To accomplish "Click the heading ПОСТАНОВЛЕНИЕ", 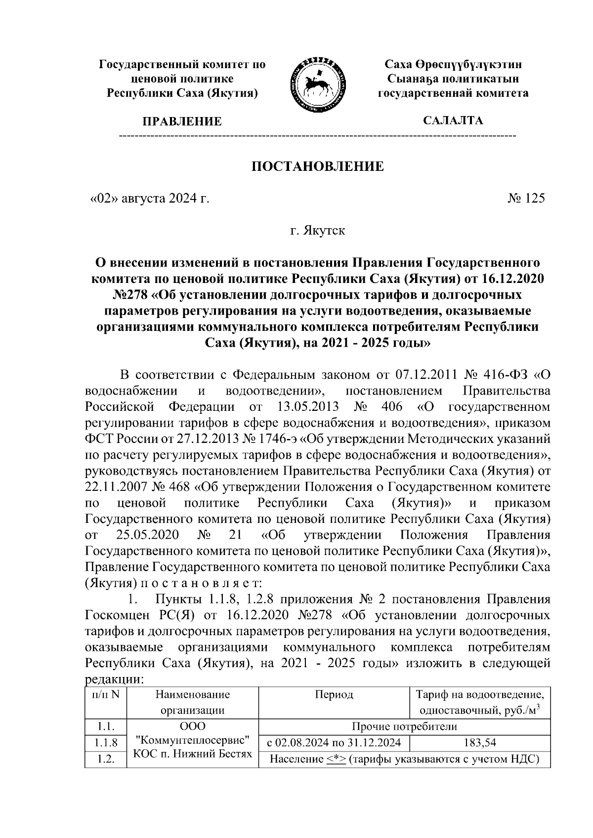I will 318,166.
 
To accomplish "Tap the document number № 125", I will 526,199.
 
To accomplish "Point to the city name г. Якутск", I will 318,231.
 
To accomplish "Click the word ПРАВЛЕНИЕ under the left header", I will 182,121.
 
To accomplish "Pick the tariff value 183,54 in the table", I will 480,742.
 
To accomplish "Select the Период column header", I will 334,695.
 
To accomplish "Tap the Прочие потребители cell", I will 404,726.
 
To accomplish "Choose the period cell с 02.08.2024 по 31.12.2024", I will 334,742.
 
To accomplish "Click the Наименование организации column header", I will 192,702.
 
